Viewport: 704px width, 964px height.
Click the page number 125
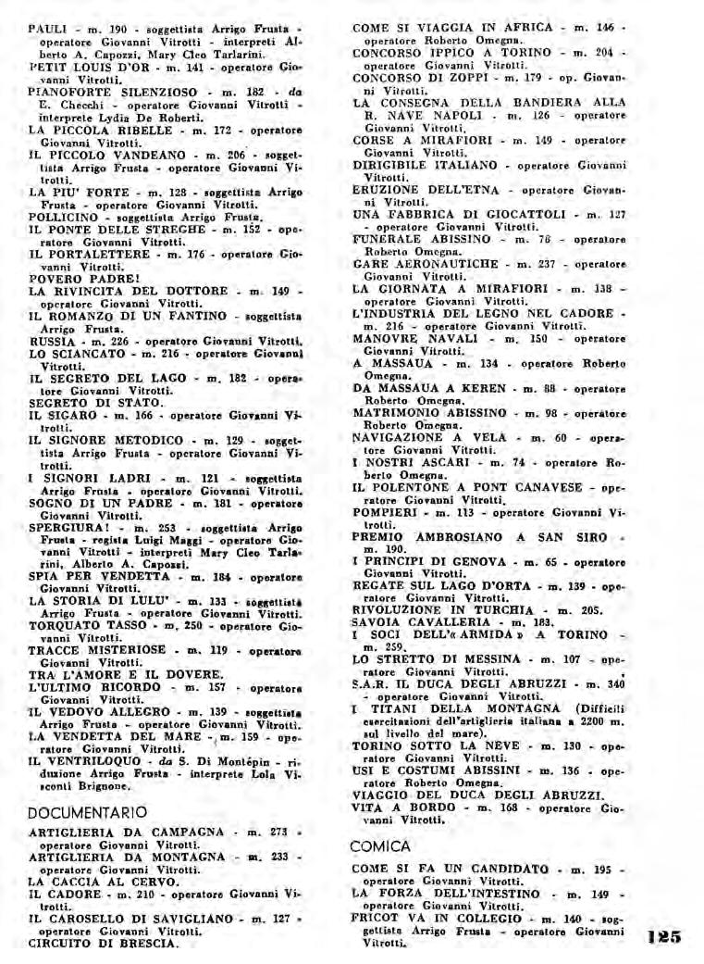(x=664, y=935)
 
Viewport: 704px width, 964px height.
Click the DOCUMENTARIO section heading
(x=87, y=812)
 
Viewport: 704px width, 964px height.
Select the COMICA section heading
(x=381, y=846)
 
